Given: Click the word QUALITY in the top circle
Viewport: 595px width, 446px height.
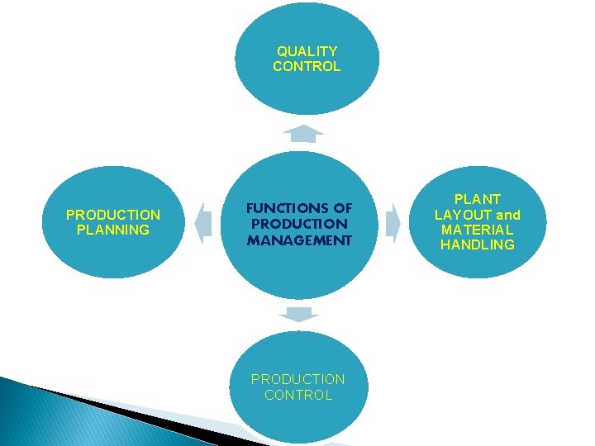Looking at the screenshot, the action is (x=307, y=51).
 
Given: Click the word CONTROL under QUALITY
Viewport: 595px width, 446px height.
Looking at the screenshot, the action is (x=307, y=67).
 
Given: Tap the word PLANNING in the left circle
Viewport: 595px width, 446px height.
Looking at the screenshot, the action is (x=112, y=230).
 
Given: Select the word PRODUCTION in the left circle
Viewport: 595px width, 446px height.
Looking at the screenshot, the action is (x=112, y=215).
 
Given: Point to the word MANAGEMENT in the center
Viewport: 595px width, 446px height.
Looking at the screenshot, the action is (x=299, y=240).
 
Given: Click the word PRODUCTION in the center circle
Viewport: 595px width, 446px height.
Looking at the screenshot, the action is (x=299, y=224).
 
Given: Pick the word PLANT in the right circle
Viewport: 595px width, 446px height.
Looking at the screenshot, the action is (x=478, y=199).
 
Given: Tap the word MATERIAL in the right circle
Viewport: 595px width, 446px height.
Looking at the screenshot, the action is (x=478, y=230).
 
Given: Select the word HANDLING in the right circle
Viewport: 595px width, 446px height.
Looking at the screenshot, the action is (x=478, y=245).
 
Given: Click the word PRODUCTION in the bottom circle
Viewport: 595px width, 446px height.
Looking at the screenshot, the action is (x=298, y=379).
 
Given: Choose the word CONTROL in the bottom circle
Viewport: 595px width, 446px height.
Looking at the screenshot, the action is (x=298, y=395).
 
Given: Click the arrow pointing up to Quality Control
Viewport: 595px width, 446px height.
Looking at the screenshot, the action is (x=303, y=133).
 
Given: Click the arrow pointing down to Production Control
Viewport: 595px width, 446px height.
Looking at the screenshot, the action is (x=298, y=314).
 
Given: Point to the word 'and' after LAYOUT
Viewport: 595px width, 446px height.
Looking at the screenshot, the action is (x=508, y=215).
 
